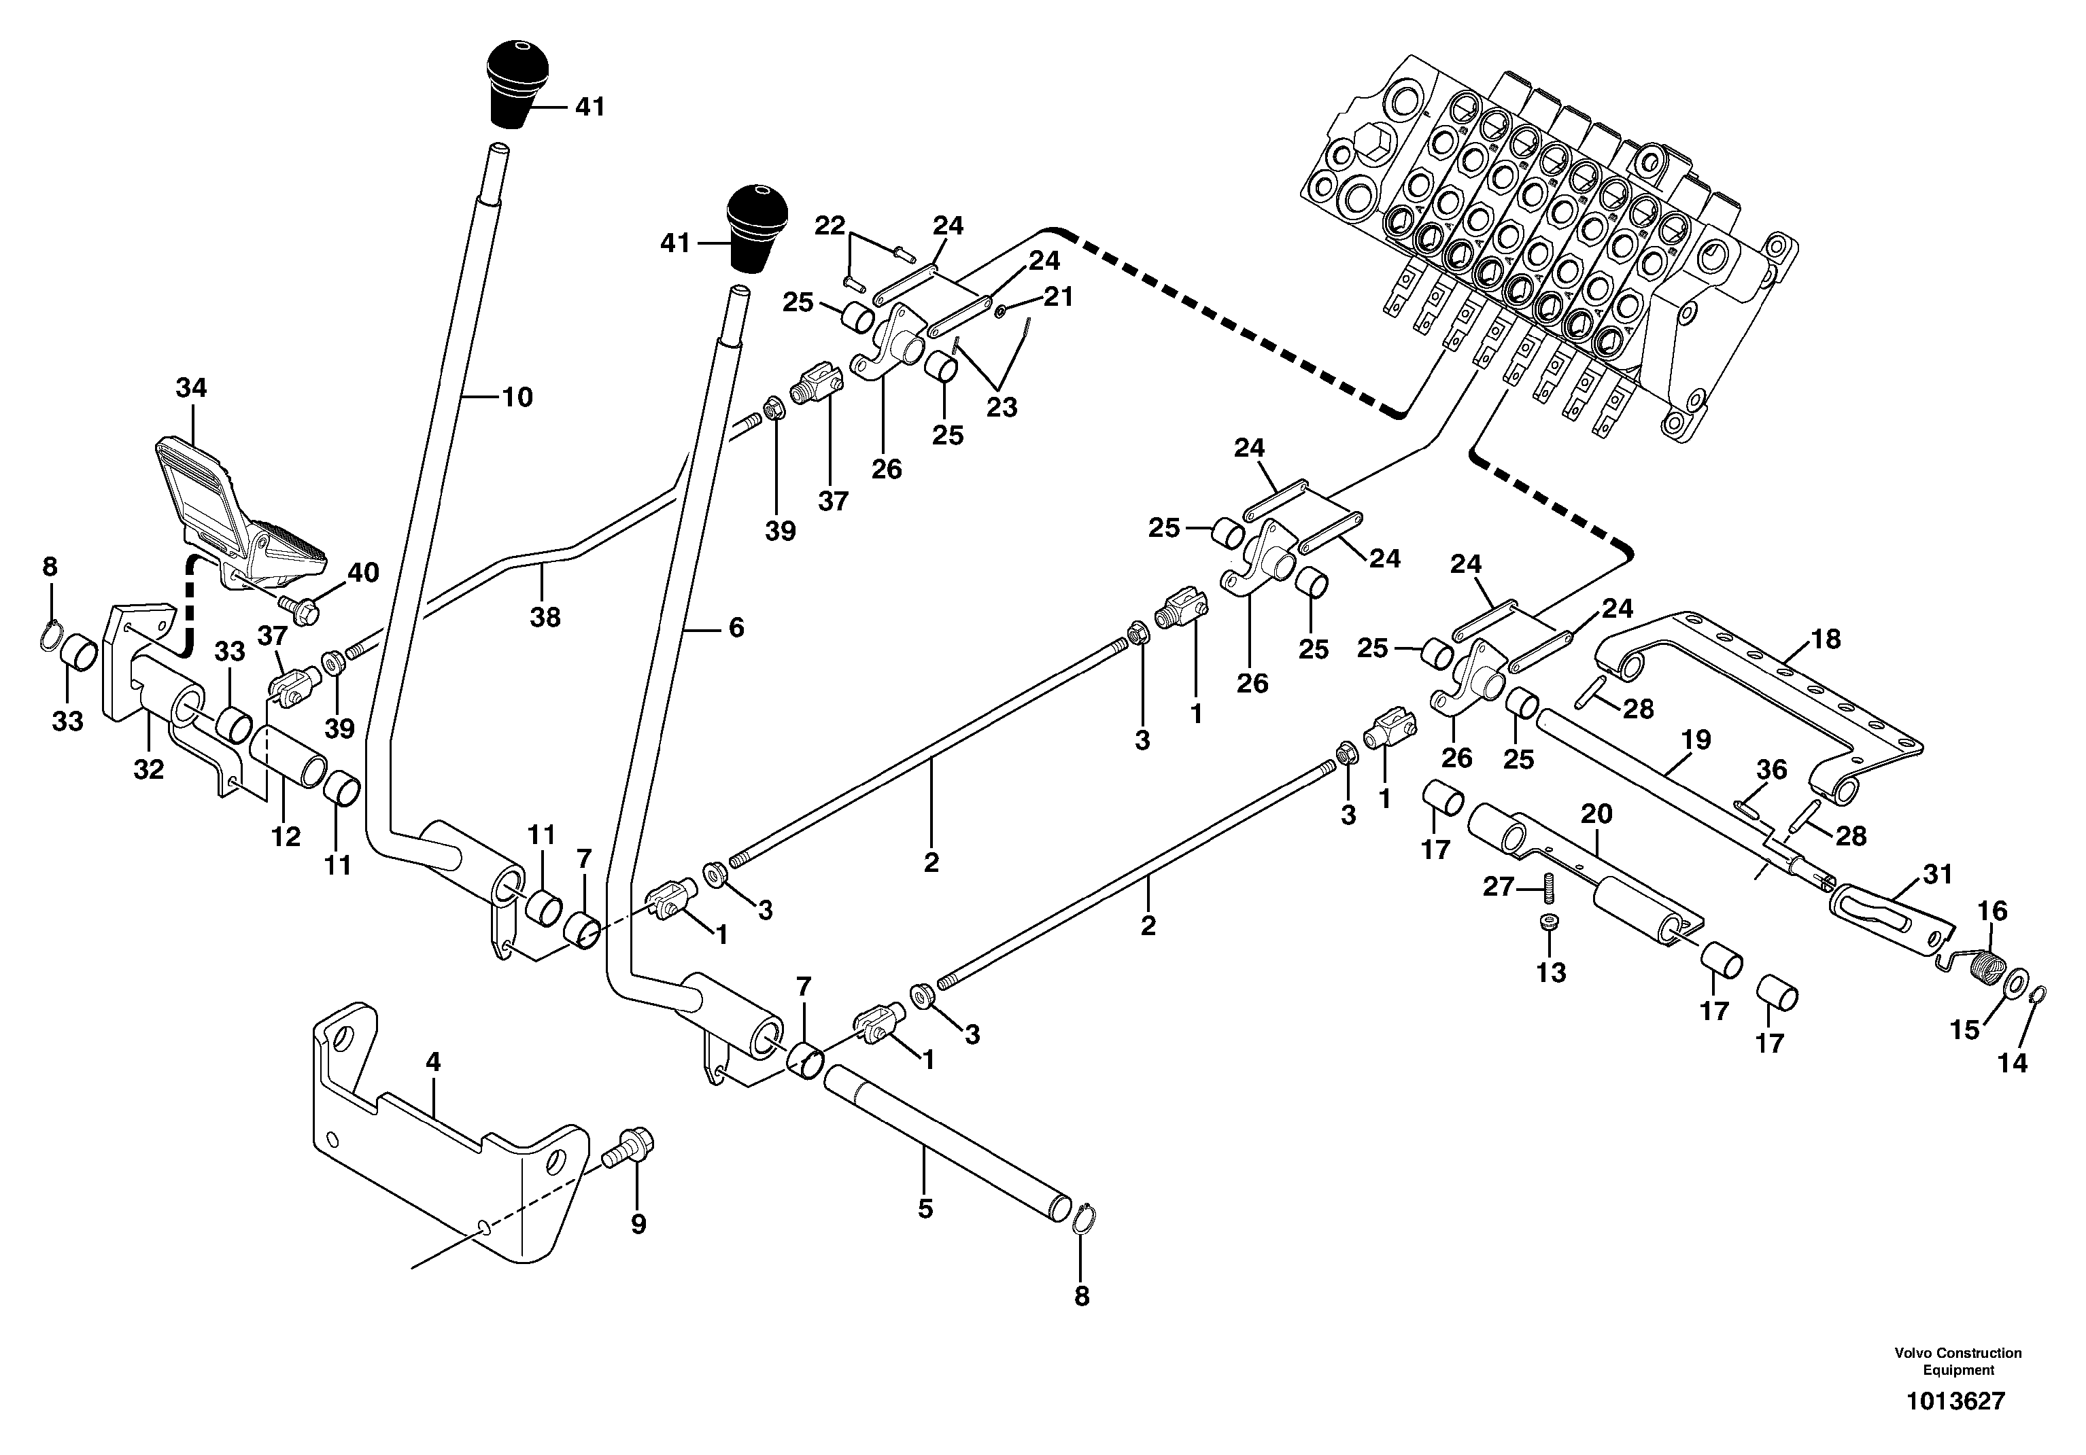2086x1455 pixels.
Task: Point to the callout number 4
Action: (433, 1061)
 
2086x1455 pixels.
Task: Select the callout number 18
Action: (1825, 639)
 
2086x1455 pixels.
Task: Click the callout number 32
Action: (149, 769)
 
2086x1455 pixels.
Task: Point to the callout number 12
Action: (286, 837)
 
